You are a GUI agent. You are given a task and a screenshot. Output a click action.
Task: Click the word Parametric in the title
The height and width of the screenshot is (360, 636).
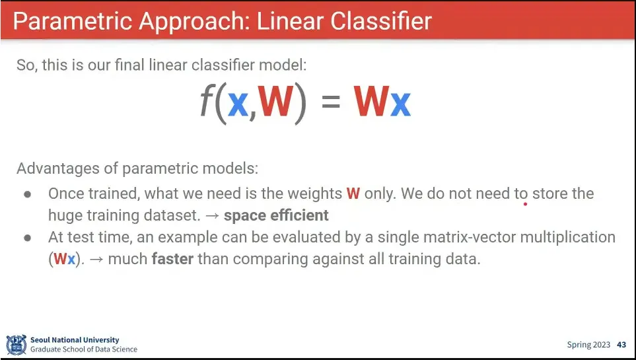[73, 21]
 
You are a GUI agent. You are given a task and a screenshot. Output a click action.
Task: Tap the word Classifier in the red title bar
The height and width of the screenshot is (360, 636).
[381, 20]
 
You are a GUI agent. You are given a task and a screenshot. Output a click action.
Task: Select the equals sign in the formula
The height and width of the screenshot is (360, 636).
[331, 101]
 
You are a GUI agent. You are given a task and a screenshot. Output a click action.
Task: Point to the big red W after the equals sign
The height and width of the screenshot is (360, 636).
[371, 101]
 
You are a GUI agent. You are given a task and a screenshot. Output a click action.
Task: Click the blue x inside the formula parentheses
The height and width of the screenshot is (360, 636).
[238, 104]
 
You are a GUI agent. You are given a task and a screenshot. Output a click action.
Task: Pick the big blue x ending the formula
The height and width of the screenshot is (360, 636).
[400, 104]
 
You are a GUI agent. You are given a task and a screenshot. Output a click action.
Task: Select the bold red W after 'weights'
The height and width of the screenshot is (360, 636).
[353, 194]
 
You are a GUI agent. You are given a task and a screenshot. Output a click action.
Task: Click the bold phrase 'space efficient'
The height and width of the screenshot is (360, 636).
[276, 215]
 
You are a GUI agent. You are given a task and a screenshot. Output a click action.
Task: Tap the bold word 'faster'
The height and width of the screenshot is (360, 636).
[172, 259]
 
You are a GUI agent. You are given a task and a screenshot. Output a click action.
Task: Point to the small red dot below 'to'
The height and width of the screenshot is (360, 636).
[525, 203]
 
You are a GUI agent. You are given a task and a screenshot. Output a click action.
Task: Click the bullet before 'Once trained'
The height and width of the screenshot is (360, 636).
[28, 194]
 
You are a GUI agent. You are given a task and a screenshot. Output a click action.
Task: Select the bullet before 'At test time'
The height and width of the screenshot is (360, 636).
[28, 238]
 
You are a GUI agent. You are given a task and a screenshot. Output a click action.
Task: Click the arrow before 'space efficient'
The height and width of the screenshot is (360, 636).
[212, 216]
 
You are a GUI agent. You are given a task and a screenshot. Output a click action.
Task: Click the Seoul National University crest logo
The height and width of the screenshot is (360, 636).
[17, 345]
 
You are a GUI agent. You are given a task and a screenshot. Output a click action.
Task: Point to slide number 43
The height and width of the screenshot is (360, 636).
[621, 345]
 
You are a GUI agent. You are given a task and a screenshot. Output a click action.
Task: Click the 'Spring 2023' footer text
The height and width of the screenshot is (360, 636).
[588, 345]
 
